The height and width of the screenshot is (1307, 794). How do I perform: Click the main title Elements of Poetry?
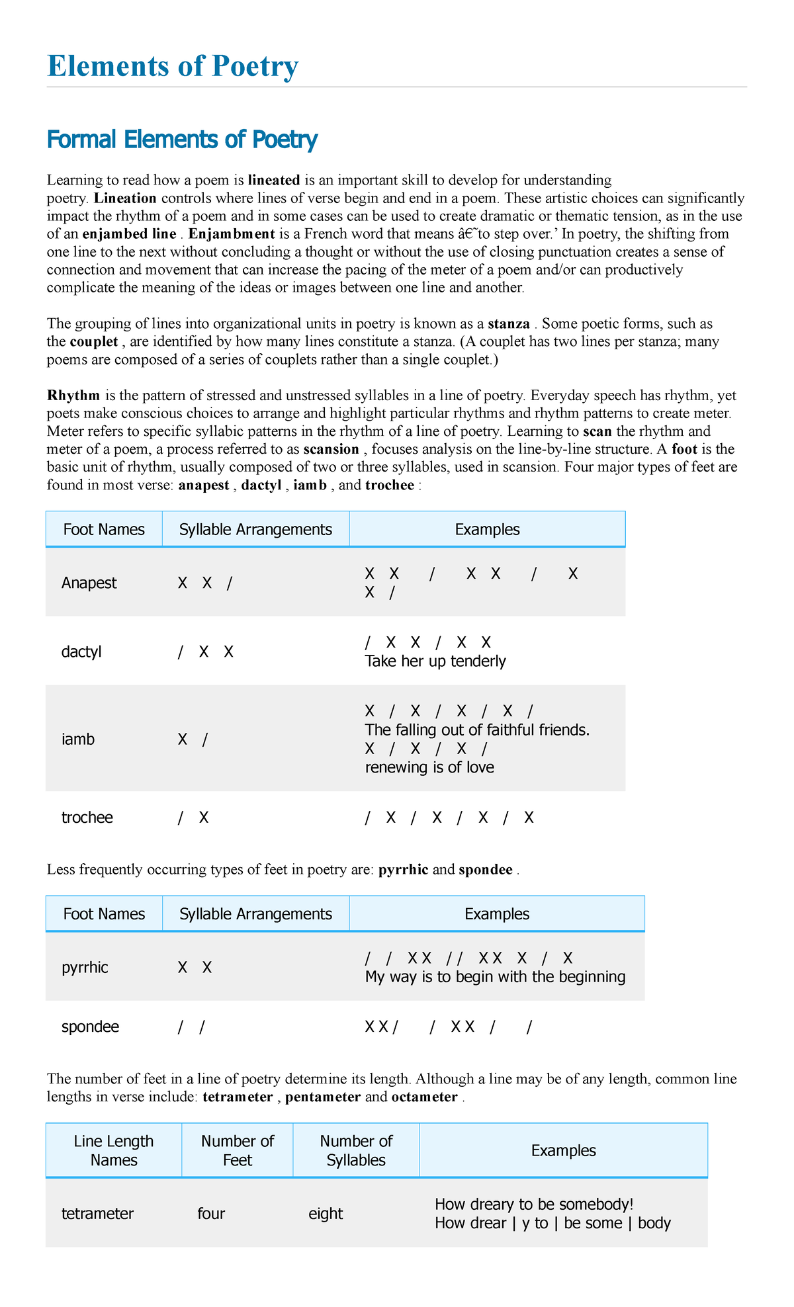coord(173,67)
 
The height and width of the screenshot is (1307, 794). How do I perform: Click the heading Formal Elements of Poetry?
coord(182,140)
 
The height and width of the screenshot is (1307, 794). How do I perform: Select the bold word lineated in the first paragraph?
coord(274,180)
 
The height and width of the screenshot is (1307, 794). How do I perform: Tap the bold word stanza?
coord(508,324)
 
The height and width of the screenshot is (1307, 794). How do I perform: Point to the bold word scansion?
coord(331,449)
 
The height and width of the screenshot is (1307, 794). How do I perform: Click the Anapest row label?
coord(89,583)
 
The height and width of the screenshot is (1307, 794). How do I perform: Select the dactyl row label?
coord(81,652)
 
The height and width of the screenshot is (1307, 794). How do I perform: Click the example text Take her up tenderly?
coord(435,661)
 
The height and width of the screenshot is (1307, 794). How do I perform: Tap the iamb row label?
coord(78,739)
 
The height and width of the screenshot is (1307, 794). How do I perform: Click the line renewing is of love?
coord(429,767)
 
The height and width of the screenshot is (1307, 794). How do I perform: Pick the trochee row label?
coord(87,818)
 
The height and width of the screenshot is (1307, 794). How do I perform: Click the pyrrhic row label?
coord(85,968)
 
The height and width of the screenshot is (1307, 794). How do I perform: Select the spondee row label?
coord(90,1027)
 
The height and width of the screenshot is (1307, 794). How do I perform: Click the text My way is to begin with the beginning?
coord(495,977)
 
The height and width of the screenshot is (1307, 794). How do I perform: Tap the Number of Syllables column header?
coord(356,1150)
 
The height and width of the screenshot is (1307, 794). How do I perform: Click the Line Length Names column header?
coord(114,1150)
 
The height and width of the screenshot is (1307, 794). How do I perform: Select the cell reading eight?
coord(326,1214)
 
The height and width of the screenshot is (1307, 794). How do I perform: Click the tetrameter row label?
coord(97,1214)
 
